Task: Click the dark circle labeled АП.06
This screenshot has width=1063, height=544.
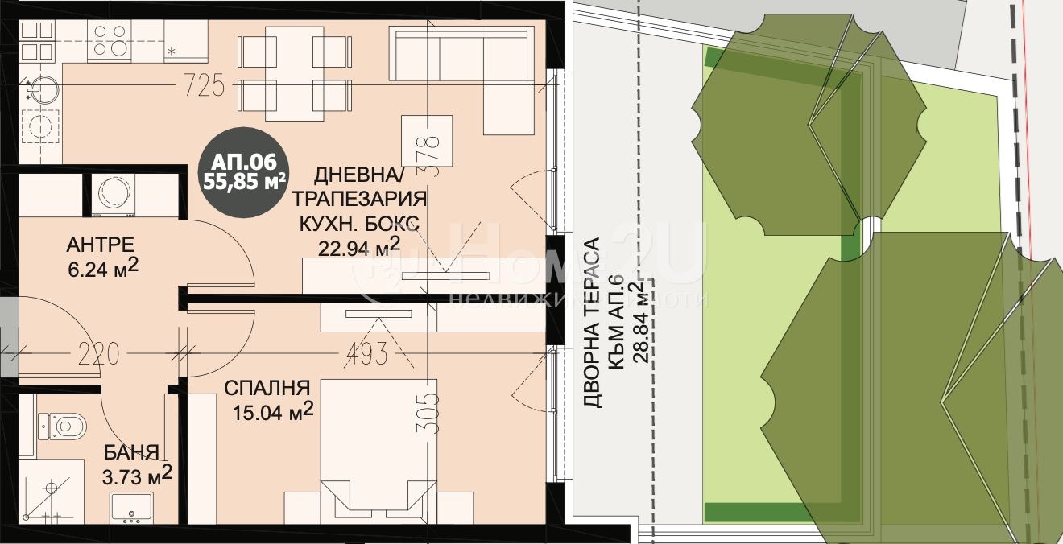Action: click(243, 172)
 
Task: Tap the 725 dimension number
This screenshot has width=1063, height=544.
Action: click(204, 86)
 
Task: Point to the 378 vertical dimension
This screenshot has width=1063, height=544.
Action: click(428, 156)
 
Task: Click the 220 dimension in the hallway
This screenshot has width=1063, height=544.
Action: click(99, 354)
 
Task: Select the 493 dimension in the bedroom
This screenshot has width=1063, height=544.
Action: click(367, 354)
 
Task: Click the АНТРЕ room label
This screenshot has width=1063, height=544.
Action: click(101, 245)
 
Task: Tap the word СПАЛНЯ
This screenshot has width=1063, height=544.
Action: click(267, 388)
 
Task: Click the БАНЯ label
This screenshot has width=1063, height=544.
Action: click(131, 452)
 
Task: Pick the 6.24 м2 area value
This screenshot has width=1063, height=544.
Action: click(103, 268)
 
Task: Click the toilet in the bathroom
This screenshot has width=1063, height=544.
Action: click(62, 427)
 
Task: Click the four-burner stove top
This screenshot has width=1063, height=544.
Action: click(110, 40)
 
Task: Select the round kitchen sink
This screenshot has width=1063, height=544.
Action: click(42, 89)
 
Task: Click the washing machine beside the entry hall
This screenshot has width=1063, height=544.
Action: click(113, 195)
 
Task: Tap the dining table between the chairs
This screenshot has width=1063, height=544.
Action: click(294, 73)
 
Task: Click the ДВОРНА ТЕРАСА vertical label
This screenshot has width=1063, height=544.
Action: click(592, 323)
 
